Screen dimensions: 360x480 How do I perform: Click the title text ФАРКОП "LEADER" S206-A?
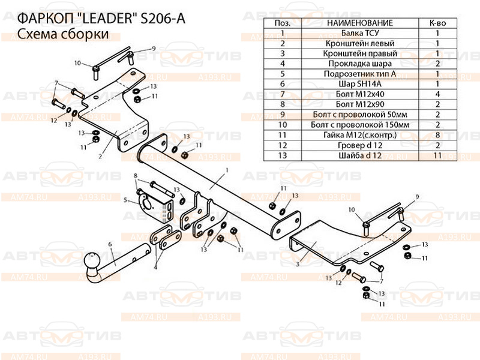tap(98, 19)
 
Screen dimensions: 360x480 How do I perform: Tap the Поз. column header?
tap(282, 23)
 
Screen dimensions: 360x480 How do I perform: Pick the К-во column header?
tap(438, 23)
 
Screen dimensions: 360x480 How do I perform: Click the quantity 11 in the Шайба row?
tap(438, 155)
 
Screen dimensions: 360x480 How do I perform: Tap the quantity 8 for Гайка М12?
tap(438, 135)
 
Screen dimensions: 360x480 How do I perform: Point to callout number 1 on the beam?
tap(229, 170)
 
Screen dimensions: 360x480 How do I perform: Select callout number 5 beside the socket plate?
tap(125, 200)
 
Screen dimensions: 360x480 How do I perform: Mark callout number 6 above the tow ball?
tap(110, 244)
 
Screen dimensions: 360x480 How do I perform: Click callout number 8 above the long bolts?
tap(136, 175)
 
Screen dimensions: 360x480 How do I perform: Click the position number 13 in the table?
tap(282, 155)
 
